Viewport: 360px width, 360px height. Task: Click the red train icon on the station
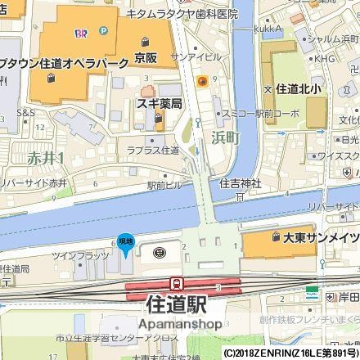[176, 283]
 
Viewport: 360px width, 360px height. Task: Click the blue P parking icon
[103, 31]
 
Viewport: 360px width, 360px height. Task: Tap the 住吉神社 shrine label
[240, 184]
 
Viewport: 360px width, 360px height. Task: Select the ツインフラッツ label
[80, 256]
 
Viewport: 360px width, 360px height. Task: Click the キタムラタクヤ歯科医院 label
[182, 14]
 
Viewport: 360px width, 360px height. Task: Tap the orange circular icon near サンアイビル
[201, 80]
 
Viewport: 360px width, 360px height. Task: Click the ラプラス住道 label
[152, 150]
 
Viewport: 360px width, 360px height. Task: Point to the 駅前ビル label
[163, 186]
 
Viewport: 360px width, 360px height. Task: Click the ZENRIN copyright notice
[290, 353]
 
